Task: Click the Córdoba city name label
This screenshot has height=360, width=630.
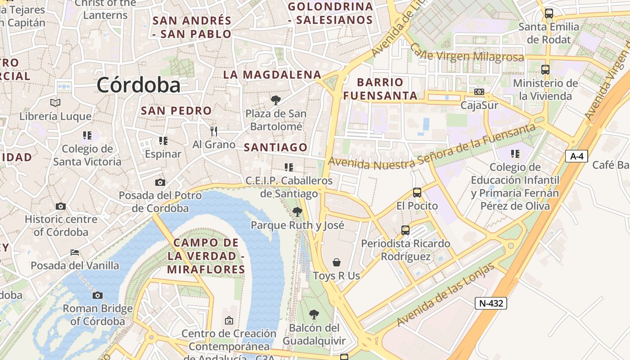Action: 138,85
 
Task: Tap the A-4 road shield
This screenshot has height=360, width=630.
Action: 576,156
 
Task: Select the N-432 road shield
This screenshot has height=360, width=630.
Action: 490,303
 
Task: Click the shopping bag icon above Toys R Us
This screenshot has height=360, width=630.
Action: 337,262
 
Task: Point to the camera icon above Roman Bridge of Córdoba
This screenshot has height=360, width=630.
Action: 98,295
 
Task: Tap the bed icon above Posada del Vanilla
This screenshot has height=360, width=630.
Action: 75,252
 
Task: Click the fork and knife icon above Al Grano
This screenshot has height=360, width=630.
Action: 214,131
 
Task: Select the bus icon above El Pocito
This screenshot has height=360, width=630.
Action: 417,193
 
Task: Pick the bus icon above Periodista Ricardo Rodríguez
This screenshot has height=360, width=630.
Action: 405,230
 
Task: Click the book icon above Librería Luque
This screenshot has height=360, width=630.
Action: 55,103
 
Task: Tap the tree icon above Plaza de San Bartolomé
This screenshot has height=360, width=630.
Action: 275,100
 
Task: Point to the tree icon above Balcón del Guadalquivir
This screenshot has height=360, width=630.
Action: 314,314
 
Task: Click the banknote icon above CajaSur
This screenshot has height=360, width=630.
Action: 479,92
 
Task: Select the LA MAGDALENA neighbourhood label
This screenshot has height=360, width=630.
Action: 272,75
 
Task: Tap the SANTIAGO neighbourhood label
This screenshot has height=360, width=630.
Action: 275,147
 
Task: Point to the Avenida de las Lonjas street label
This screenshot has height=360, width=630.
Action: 445,295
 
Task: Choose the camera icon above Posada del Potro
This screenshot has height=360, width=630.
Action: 160,182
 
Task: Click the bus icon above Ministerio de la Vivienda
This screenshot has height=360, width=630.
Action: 545,70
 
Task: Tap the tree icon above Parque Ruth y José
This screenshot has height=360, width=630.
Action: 297,211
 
